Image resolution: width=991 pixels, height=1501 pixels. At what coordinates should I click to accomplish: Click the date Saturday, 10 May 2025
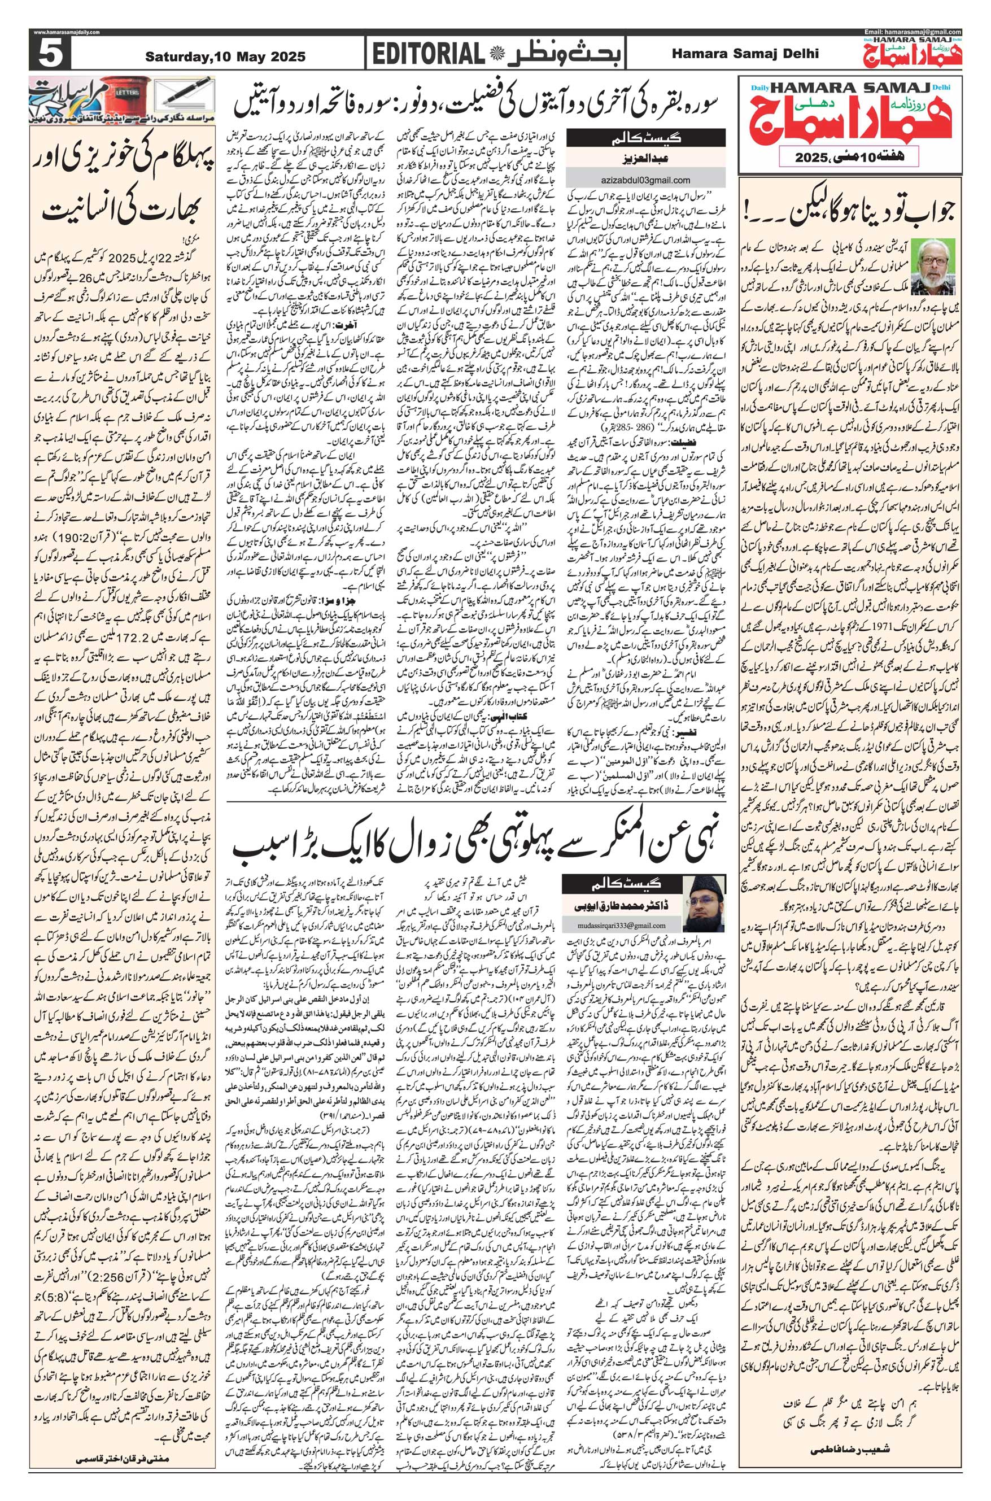tap(225, 57)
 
